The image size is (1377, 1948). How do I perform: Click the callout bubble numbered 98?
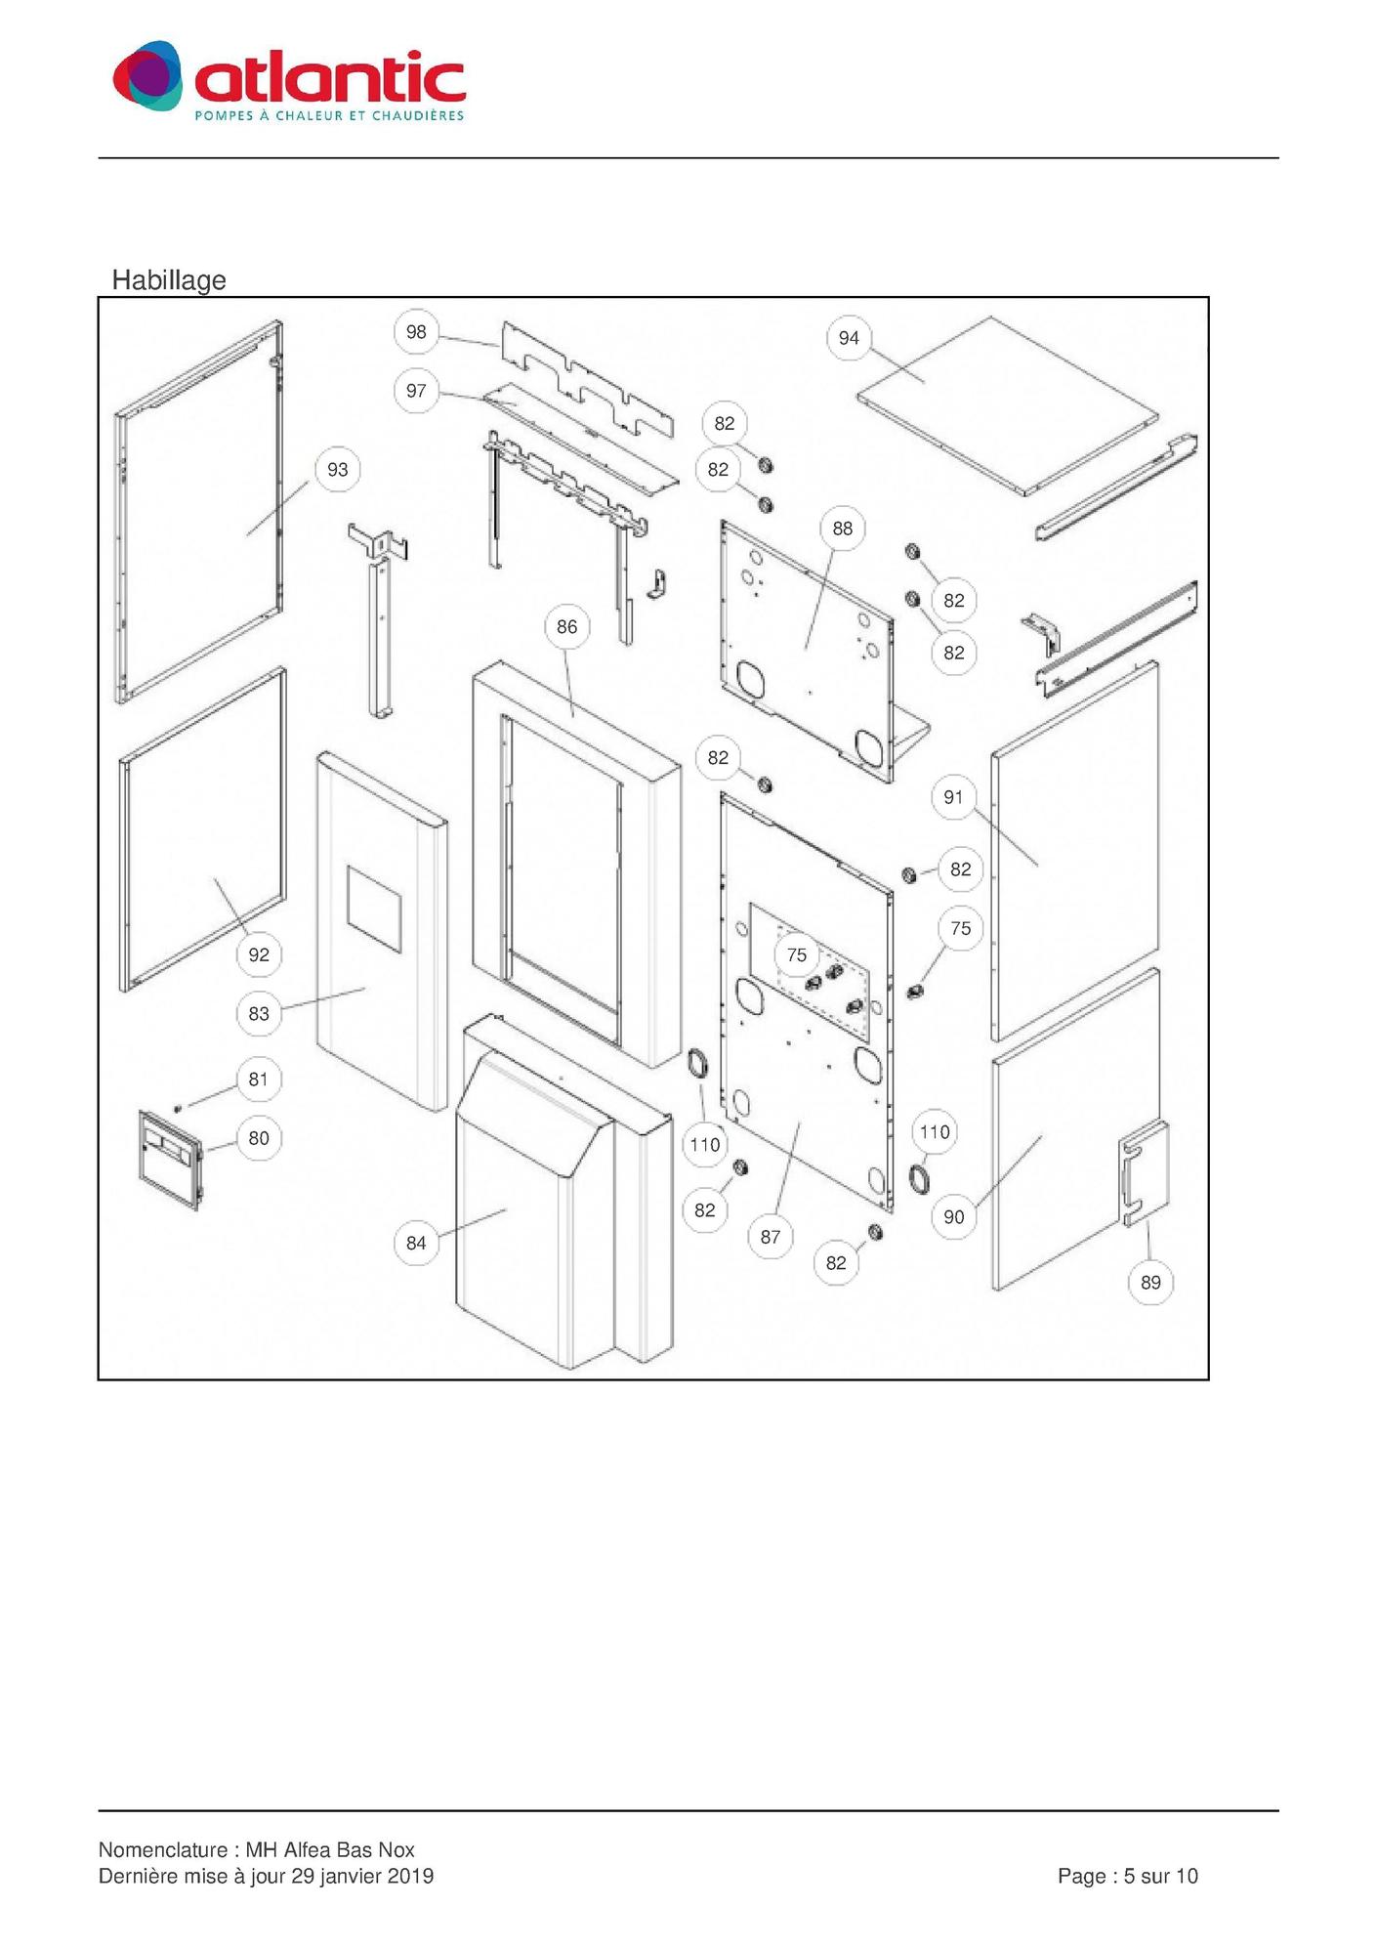click(x=416, y=332)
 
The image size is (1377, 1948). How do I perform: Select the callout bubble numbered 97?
click(x=416, y=391)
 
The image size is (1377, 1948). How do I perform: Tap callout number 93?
click(x=337, y=470)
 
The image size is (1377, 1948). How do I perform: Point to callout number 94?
click(x=849, y=338)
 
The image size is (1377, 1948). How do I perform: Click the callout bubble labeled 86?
click(x=566, y=627)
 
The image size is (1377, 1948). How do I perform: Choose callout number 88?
click(x=842, y=529)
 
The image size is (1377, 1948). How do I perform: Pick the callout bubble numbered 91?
click(x=953, y=797)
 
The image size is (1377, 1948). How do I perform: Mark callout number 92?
click(x=259, y=954)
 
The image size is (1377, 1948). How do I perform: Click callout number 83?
click(x=259, y=1014)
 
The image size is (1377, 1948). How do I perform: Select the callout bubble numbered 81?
click(x=259, y=1080)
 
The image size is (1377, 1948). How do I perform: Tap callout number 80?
click(x=259, y=1138)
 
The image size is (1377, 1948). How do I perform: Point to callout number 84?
click(x=416, y=1243)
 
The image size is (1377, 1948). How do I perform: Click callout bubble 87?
click(x=771, y=1237)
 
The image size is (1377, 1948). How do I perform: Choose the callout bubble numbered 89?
click(x=1150, y=1283)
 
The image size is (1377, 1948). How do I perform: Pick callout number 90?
click(x=953, y=1217)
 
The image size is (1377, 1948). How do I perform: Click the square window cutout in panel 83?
click(x=374, y=909)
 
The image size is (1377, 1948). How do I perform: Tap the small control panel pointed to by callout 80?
click(x=171, y=1160)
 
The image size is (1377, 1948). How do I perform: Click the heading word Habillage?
click(x=169, y=280)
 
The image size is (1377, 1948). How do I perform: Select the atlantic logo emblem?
click(x=147, y=76)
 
